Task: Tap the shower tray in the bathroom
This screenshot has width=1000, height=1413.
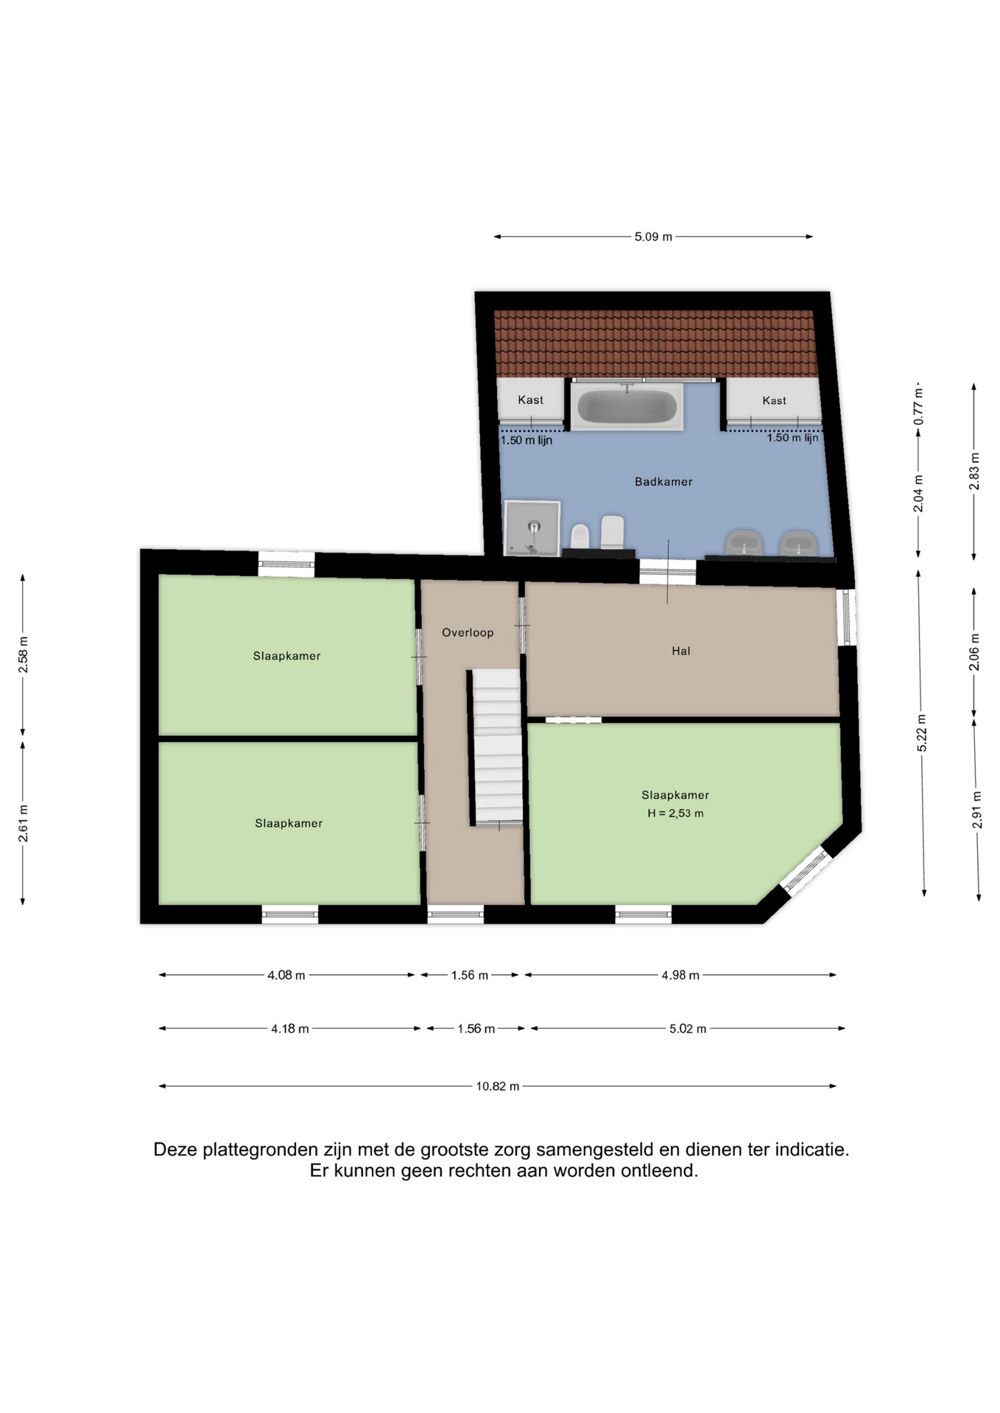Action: [532, 528]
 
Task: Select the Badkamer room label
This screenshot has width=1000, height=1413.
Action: [663, 482]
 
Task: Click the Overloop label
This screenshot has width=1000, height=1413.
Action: [468, 633]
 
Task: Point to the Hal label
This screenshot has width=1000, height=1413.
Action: [680, 651]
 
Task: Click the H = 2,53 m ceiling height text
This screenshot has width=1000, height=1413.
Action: [675, 813]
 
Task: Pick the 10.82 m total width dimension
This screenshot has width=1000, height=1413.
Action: [498, 1086]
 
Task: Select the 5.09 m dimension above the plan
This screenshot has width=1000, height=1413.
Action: [653, 237]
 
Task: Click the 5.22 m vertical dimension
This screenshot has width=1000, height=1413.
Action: [921, 733]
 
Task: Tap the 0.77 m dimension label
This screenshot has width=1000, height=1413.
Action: [918, 406]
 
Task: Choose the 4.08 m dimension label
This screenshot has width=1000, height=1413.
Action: [286, 975]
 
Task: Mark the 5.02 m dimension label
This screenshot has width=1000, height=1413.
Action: [688, 1029]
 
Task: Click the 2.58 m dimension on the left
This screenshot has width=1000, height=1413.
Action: [23, 654]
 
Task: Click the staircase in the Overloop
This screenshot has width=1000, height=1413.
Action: [497, 747]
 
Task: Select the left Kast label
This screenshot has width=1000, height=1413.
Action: [530, 400]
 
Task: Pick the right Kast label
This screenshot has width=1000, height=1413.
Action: [774, 401]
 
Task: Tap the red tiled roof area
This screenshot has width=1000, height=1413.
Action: [655, 344]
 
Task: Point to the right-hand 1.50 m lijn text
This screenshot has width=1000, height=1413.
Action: [792, 438]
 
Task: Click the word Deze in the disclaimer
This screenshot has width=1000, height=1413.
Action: [175, 1150]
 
